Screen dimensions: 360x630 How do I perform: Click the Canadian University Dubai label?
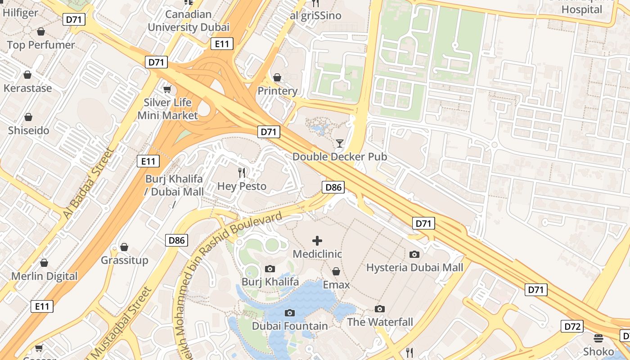pyautogui.click(x=189, y=21)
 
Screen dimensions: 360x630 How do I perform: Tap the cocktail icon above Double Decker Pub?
pyautogui.click(x=340, y=144)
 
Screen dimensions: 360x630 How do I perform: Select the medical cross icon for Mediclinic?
pyautogui.click(x=317, y=241)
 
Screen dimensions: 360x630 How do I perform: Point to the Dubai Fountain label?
pyautogui.click(x=290, y=326)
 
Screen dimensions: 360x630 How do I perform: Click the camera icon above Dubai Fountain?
pyautogui.click(x=290, y=313)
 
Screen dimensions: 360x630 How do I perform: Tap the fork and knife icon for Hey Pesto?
pyautogui.click(x=242, y=172)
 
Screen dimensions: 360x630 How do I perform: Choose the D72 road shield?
pyautogui.click(x=572, y=326)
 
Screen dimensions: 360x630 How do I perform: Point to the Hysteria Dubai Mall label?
pyautogui.click(x=414, y=268)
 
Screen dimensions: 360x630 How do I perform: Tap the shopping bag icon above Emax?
pyautogui.click(x=336, y=271)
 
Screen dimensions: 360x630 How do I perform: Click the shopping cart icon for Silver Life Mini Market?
pyautogui.click(x=167, y=90)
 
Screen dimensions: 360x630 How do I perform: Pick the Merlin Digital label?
pyautogui.click(x=45, y=276)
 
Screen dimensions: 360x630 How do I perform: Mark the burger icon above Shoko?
pyautogui.click(x=598, y=338)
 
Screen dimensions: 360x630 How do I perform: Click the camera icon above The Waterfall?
pyautogui.click(x=380, y=309)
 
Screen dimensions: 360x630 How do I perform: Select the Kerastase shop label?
pyautogui.click(x=28, y=88)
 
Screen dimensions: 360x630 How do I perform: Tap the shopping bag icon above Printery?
pyautogui.click(x=277, y=78)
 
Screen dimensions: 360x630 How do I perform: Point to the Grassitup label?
pyautogui.click(x=125, y=260)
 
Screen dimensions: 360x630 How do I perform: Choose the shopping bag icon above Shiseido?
pyautogui.click(x=28, y=117)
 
